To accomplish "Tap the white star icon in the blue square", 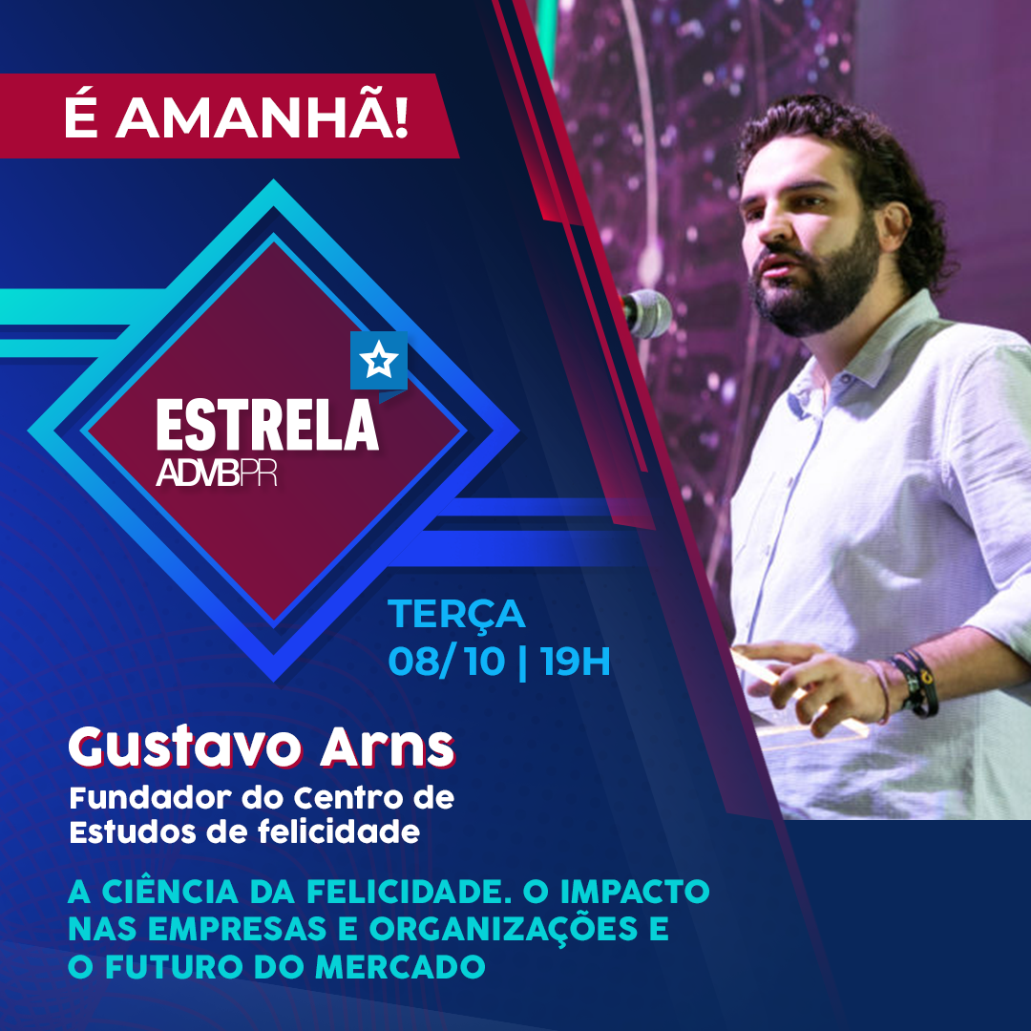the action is (379, 360).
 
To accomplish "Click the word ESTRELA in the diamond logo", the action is (267, 425).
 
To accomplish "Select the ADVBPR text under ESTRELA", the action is (217, 472).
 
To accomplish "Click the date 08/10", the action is (447, 661).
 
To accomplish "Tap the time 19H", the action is (576, 661).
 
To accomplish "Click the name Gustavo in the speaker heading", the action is (185, 749).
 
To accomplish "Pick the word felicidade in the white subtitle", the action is (339, 831).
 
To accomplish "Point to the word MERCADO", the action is (400, 966).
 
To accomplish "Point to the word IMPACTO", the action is (635, 891).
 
